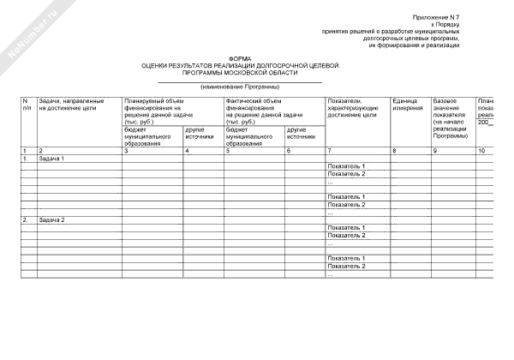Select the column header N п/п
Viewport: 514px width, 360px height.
click(27, 105)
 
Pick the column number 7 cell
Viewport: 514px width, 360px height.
click(331, 151)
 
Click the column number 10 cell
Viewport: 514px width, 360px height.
click(482, 151)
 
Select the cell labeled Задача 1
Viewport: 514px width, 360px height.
click(51, 159)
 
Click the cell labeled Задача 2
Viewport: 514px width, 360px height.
click(51, 219)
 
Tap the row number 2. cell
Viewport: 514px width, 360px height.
click(27, 219)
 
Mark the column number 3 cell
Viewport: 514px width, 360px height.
click(127, 151)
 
